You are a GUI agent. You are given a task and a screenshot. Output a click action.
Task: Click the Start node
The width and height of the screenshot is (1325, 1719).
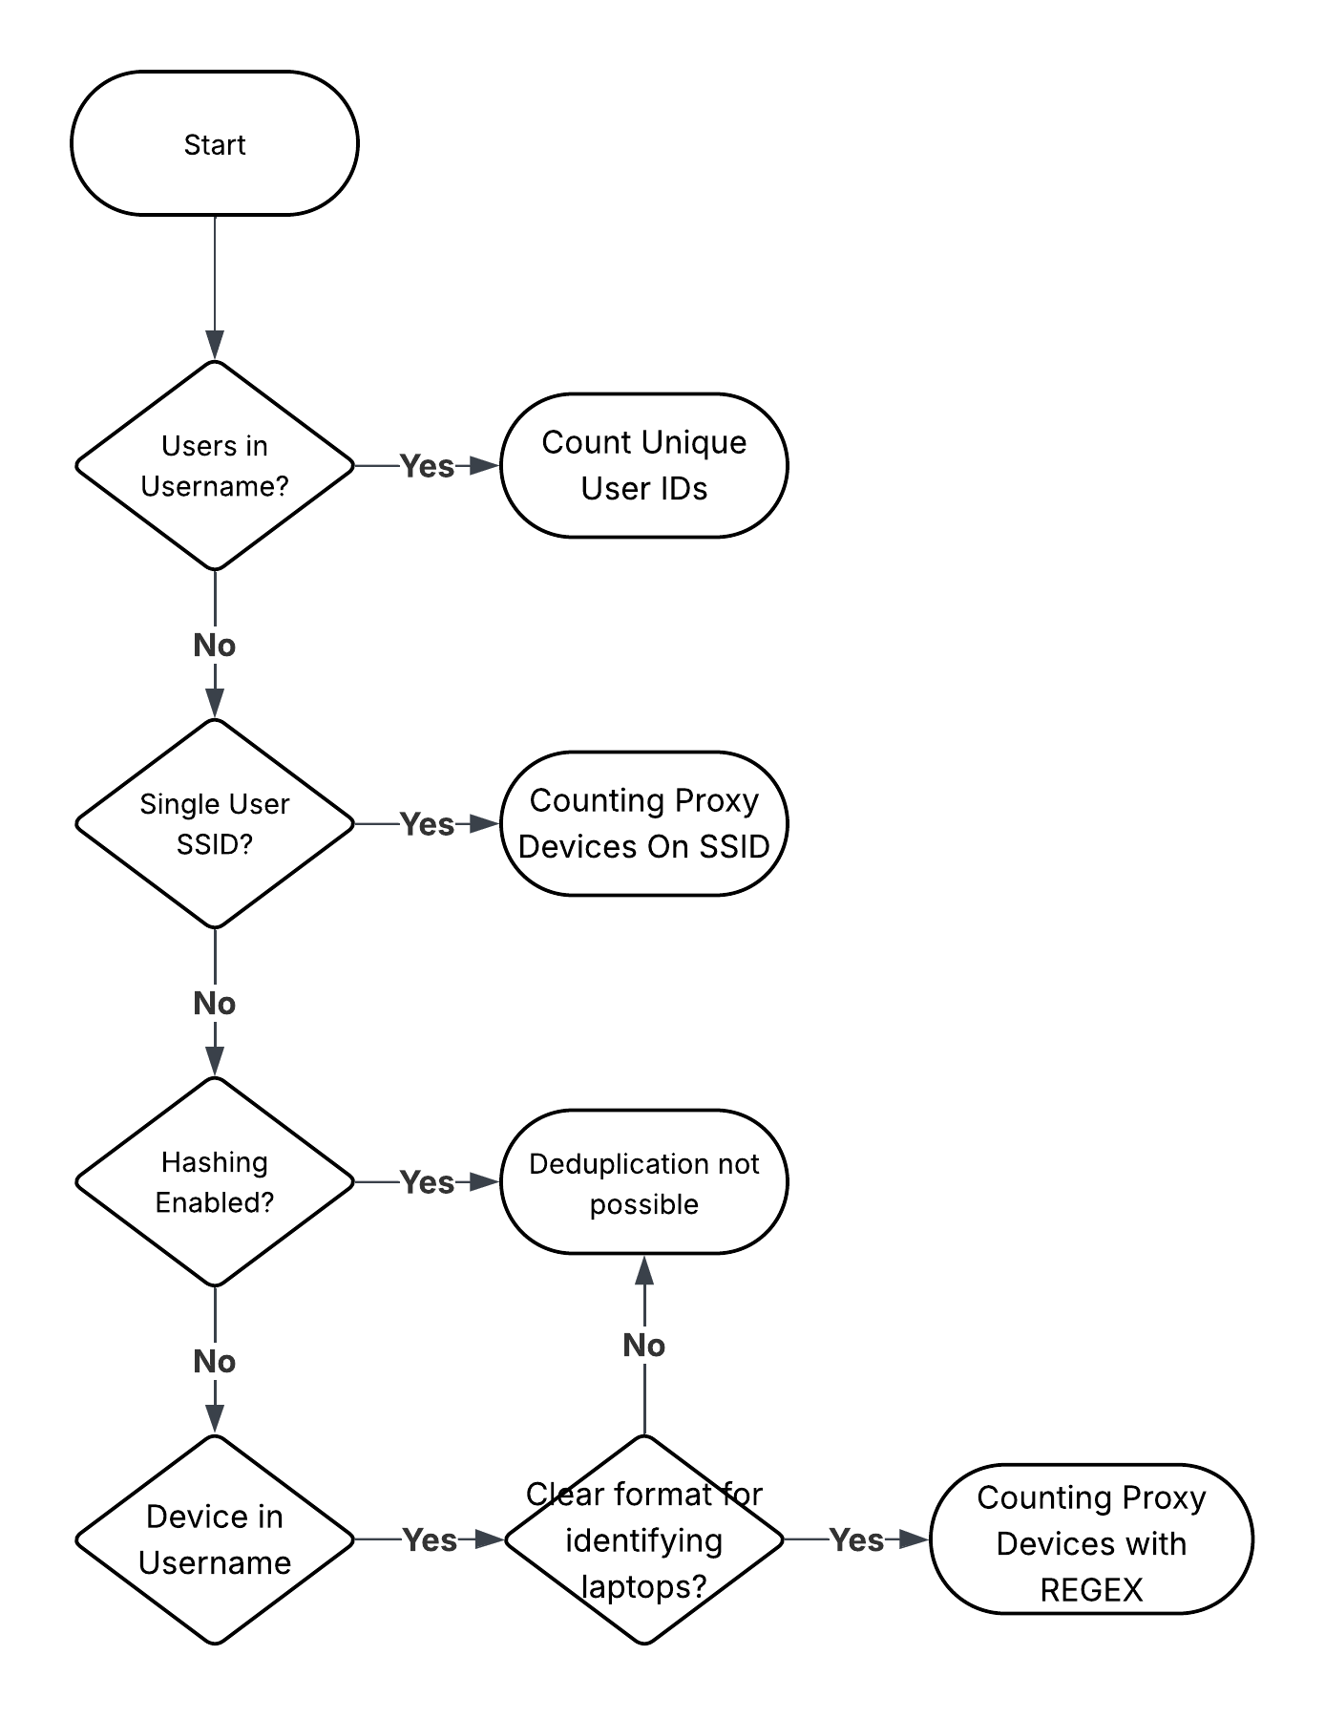(215, 144)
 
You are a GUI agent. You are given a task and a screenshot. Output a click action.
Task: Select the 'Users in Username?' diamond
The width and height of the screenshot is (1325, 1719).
(215, 466)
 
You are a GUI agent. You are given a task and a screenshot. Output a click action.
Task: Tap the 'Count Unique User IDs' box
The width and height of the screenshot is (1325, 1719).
(644, 465)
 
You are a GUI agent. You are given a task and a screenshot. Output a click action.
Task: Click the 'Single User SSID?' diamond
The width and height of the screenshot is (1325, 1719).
(215, 823)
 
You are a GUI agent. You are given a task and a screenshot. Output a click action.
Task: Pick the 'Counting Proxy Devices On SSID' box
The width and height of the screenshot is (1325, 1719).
(644, 823)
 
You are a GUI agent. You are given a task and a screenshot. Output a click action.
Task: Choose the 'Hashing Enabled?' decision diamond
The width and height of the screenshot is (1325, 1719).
(215, 1181)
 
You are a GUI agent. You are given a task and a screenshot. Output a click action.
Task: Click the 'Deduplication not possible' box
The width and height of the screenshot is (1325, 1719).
(644, 1182)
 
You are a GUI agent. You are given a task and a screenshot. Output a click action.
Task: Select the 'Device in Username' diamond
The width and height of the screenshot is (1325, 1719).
(215, 1539)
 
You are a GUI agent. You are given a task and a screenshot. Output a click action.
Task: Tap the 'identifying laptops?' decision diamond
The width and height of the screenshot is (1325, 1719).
(644, 1539)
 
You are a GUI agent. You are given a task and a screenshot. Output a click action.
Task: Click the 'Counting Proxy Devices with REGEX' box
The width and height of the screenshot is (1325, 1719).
(1091, 1540)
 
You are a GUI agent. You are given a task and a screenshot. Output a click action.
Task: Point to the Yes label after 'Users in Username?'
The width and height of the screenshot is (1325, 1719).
(427, 466)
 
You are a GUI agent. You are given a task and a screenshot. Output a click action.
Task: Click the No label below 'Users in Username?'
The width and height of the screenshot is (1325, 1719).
(215, 646)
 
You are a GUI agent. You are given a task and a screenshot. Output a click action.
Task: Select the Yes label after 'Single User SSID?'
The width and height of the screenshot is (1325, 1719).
(427, 824)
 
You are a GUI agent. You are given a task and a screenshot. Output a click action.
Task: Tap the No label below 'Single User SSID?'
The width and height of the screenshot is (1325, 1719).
(215, 1004)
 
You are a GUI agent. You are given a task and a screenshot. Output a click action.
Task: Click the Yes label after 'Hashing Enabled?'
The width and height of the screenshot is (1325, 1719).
(427, 1182)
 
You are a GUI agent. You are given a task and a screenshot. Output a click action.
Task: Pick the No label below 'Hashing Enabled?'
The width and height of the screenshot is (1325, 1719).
(215, 1362)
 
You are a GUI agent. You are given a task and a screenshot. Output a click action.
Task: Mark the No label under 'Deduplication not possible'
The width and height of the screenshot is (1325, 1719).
(644, 1346)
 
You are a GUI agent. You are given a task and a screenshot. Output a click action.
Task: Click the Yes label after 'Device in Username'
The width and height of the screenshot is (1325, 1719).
(430, 1539)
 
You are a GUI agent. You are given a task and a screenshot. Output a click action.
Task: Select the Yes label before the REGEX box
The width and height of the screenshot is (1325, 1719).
(856, 1539)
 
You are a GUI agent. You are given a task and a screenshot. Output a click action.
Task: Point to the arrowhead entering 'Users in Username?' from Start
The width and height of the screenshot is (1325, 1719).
(215, 346)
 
